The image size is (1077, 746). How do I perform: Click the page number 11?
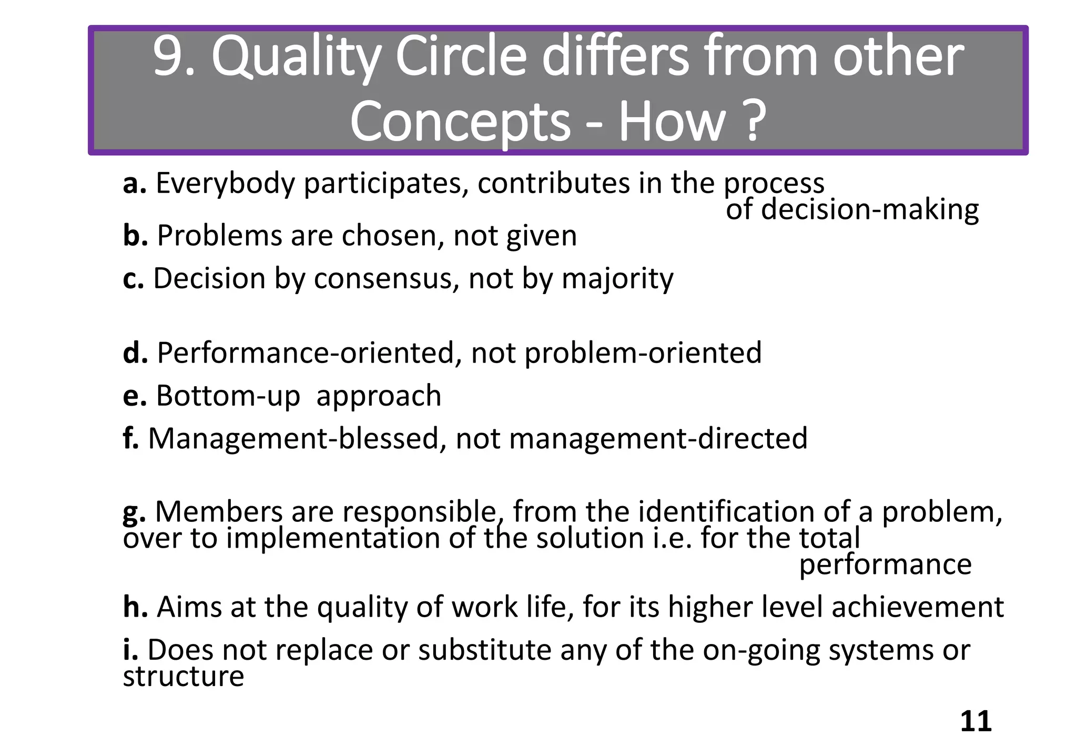coord(976,721)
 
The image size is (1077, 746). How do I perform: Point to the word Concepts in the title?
coord(460,122)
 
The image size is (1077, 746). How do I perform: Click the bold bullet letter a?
coord(134,184)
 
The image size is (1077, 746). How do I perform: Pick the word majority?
coord(617,279)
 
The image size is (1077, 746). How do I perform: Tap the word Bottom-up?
coord(228,396)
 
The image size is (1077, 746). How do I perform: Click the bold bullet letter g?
coord(134,512)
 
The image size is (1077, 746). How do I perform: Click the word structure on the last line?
coord(184,676)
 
